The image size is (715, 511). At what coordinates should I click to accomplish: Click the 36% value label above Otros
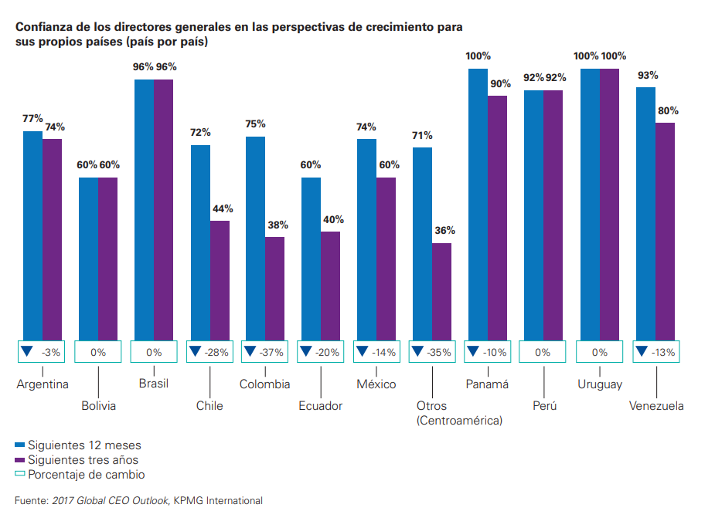click(x=444, y=230)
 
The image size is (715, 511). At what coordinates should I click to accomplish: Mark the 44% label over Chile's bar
click(x=223, y=208)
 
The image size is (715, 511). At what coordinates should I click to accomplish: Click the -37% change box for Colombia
click(x=265, y=352)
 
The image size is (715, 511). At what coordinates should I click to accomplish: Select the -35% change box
click(x=432, y=352)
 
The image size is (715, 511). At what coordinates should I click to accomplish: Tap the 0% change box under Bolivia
click(x=98, y=352)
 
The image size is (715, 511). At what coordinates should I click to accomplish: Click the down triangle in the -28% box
click(x=195, y=351)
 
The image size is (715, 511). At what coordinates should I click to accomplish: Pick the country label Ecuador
click(x=320, y=406)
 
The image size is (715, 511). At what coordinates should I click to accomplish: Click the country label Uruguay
click(x=600, y=384)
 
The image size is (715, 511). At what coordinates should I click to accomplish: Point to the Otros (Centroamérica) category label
click(x=459, y=413)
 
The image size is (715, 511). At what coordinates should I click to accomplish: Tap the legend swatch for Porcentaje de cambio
click(x=20, y=475)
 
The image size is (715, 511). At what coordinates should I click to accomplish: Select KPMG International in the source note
click(x=217, y=500)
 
